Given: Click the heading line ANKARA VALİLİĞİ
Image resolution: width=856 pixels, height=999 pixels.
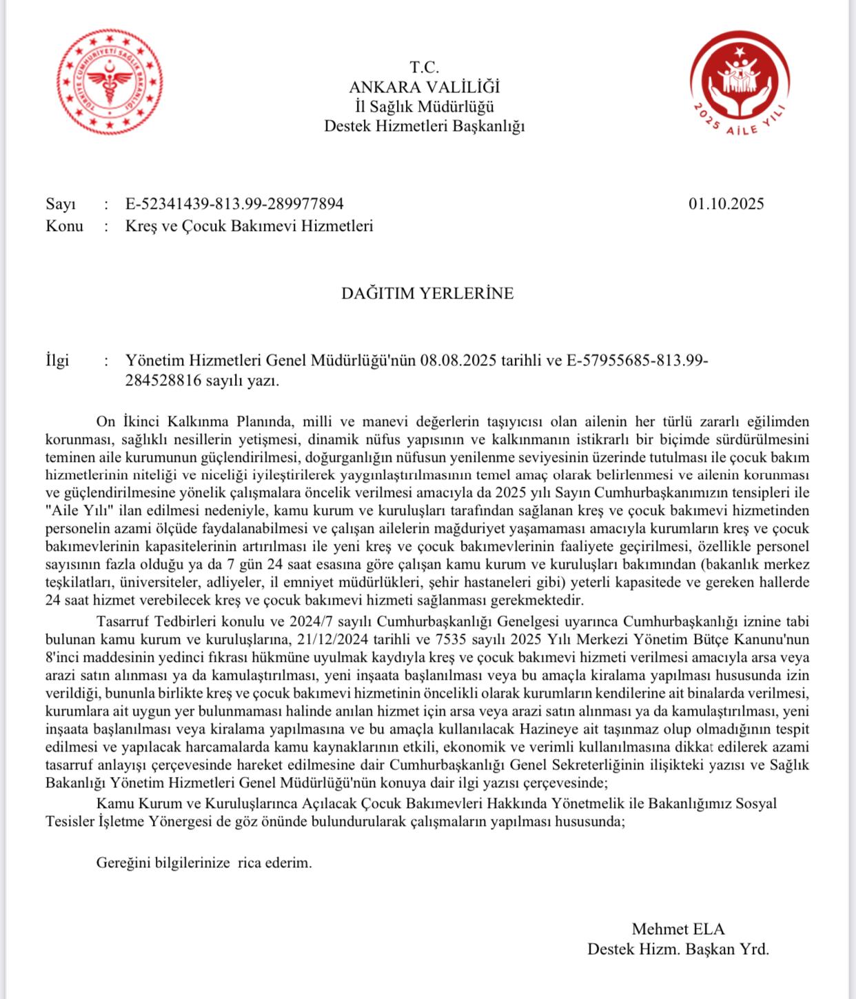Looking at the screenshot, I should pyautogui.click(x=424, y=87).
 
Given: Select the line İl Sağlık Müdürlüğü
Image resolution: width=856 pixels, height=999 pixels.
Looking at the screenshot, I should pyautogui.click(x=424, y=107).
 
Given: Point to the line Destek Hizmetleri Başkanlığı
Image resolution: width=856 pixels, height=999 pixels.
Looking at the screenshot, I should pyautogui.click(x=424, y=126).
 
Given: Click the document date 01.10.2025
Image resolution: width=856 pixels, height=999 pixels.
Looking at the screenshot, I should pyautogui.click(x=726, y=204).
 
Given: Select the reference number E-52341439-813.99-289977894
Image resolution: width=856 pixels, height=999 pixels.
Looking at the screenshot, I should pyautogui.click(x=234, y=204).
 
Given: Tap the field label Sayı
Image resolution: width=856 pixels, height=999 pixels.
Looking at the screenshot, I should pyautogui.click(x=61, y=204).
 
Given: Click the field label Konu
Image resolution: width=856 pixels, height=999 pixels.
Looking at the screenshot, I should pyautogui.click(x=64, y=226).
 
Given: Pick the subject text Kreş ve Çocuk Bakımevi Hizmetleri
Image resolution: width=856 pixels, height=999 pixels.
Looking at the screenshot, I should pyautogui.click(x=249, y=226).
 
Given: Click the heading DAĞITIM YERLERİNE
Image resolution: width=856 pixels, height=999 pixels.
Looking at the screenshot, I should pyautogui.click(x=427, y=293).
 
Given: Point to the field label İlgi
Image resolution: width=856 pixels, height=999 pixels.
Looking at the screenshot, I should pyautogui.click(x=57, y=361).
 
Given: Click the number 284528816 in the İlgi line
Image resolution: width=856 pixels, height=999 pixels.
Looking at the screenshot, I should pyautogui.click(x=164, y=381).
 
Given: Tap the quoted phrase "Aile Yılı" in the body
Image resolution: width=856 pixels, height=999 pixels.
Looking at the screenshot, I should pyautogui.click(x=72, y=511).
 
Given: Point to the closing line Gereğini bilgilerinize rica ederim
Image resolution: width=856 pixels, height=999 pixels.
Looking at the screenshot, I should pyautogui.click(x=204, y=862).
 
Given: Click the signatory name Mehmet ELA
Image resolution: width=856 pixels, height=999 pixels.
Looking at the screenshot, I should pyautogui.click(x=678, y=929).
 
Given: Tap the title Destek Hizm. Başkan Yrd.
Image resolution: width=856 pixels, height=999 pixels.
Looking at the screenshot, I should pyautogui.click(x=678, y=949).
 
